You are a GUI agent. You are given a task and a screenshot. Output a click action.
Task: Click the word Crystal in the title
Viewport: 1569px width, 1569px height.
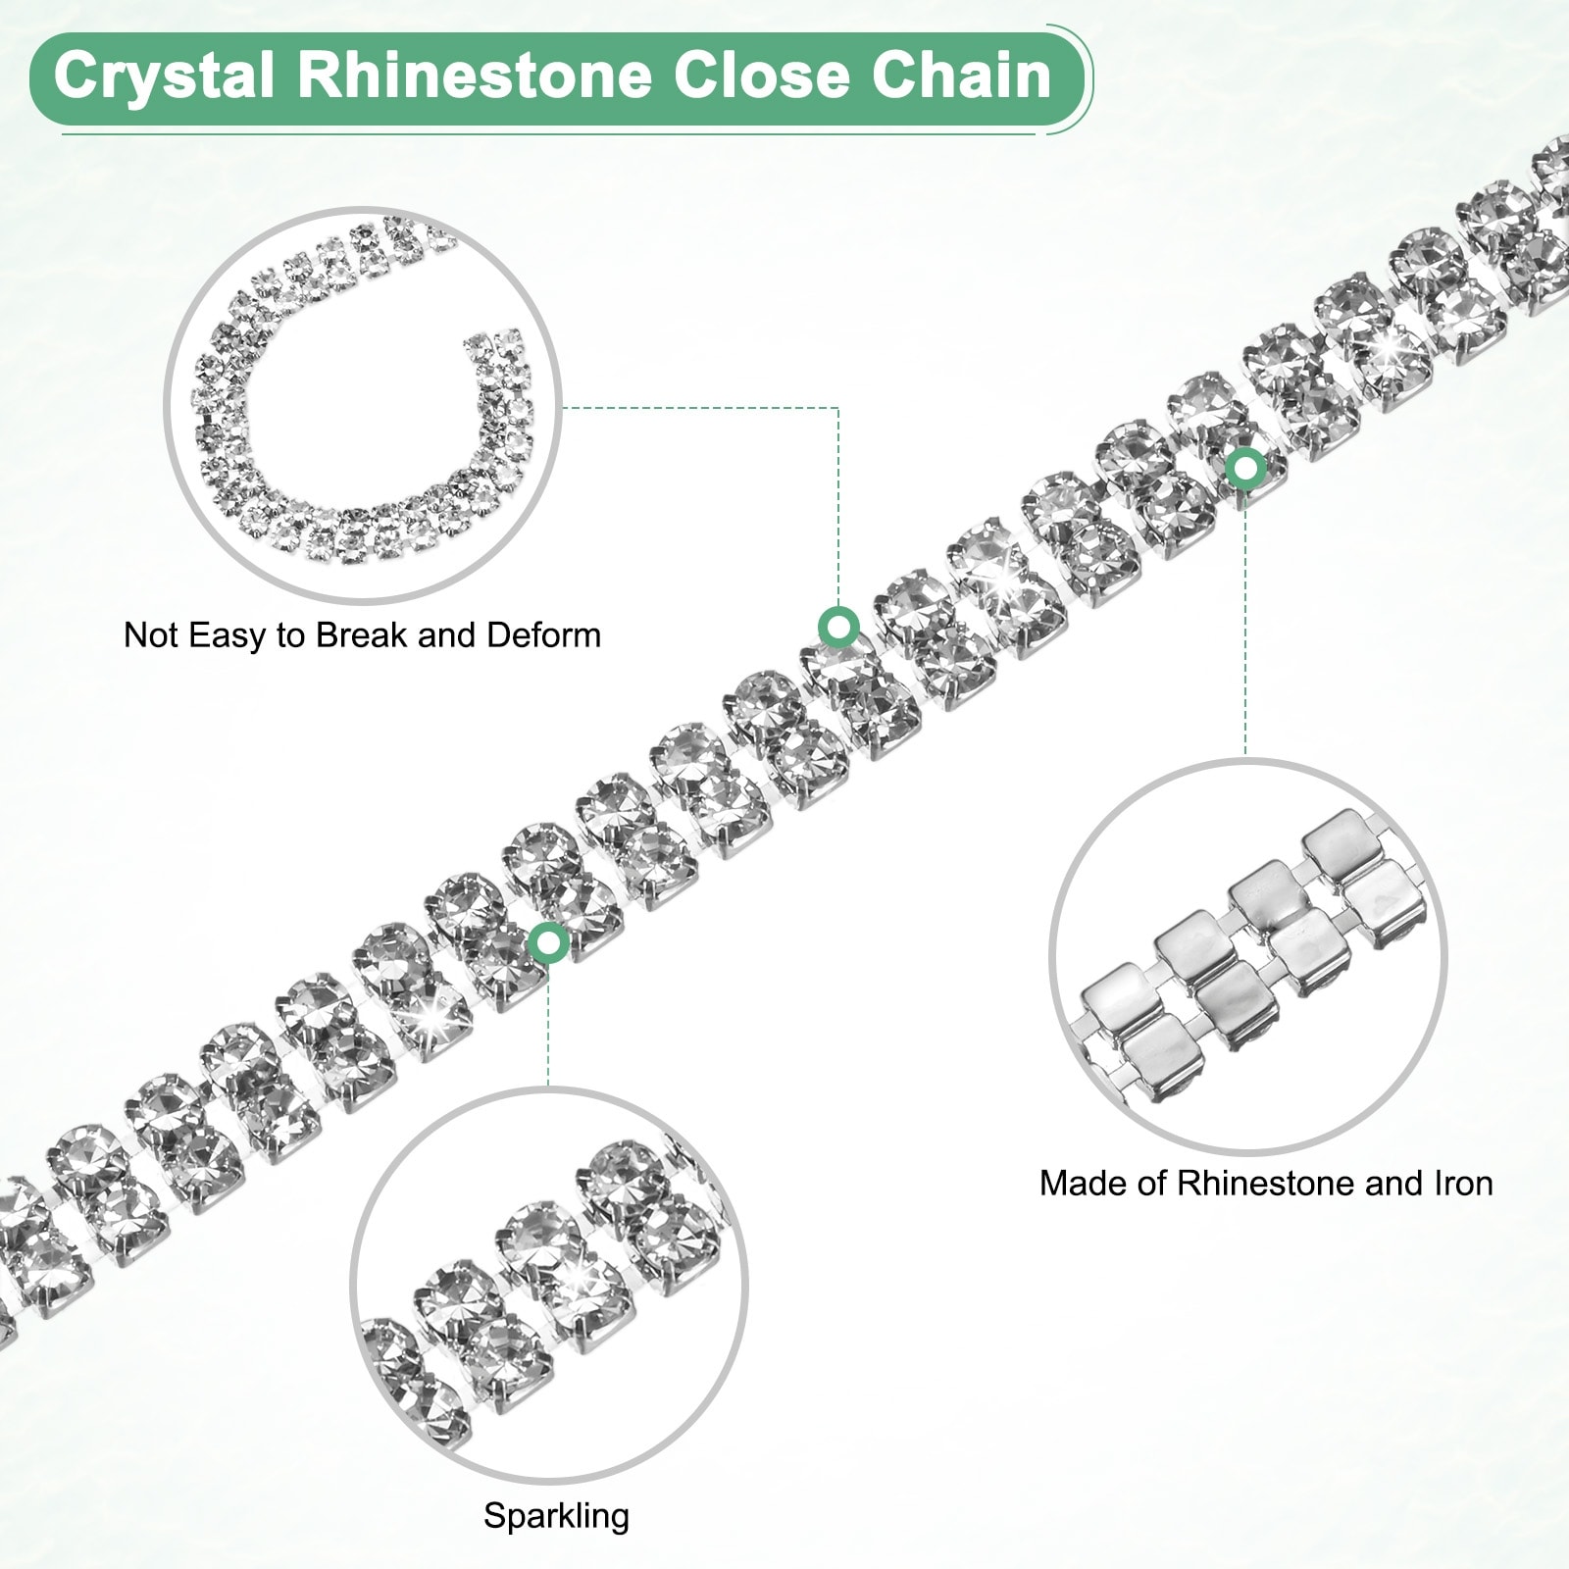pos(163,76)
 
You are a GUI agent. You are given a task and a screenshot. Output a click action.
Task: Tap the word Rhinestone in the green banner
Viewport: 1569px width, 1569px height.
pos(475,76)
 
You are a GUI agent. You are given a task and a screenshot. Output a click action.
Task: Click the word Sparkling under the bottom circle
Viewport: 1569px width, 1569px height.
pos(556,1516)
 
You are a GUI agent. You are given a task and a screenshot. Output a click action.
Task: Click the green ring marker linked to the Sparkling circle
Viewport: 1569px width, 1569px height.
pos(548,943)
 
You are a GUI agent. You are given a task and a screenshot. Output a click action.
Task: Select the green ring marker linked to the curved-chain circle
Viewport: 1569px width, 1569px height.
pos(838,626)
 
